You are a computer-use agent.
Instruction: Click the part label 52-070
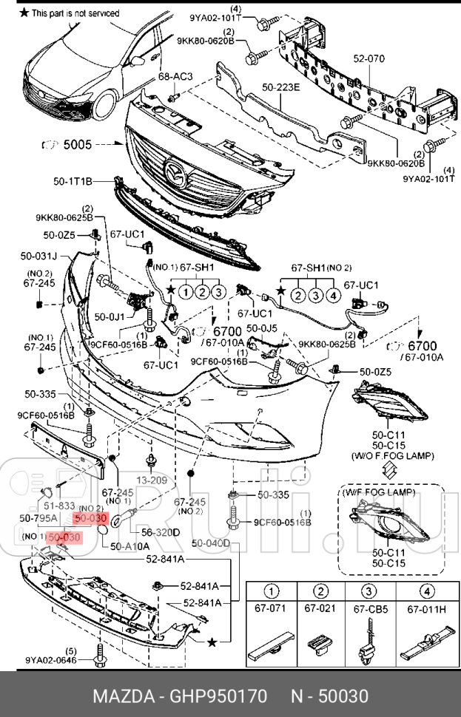(369, 57)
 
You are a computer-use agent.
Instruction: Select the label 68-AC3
(175, 76)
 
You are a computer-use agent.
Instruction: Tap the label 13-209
(151, 479)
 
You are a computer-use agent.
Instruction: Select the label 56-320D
(161, 531)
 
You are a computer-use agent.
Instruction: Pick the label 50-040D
(211, 544)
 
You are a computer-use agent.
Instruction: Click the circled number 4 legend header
(425, 591)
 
